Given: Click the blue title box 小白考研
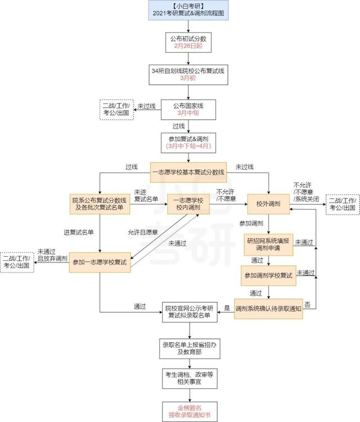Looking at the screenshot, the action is click(188, 10).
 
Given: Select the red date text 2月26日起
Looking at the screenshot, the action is click(188, 46).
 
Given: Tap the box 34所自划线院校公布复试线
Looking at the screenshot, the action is click(188, 75).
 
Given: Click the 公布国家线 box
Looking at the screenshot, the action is click(188, 110).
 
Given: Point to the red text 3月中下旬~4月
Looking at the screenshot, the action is click(188, 146).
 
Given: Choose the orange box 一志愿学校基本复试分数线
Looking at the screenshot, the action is click(188, 173).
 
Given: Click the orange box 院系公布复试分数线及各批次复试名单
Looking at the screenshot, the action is click(100, 204).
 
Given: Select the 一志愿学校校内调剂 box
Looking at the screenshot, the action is click(188, 204).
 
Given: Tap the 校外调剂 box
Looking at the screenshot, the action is click(268, 204).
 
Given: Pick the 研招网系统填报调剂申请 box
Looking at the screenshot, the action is click(268, 244).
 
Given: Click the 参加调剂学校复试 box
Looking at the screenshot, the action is click(268, 275).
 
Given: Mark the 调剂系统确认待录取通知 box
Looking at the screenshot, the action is click(268, 308).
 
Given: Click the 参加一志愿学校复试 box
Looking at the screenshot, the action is click(100, 262).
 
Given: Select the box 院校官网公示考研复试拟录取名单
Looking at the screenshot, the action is click(190, 312).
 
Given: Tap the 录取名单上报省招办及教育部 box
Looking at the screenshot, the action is click(190, 348).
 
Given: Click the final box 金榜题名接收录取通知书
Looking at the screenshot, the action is click(190, 412).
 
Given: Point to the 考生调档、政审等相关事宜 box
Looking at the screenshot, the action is click(190, 378).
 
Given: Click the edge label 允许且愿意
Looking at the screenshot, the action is click(143, 232).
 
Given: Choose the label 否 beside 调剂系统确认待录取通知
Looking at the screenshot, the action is click(308, 305).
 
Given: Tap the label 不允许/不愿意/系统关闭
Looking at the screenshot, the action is click(306, 192).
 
